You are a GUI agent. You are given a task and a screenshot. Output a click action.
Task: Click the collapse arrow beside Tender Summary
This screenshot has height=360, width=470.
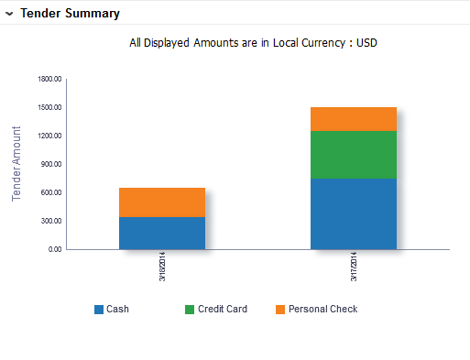(9, 14)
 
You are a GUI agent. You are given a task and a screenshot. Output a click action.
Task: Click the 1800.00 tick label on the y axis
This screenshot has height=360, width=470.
(49, 79)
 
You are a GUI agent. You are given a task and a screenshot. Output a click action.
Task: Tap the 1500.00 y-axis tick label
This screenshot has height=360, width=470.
(49, 107)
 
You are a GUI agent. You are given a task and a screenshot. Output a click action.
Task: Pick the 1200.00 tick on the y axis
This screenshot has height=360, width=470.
(49, 136)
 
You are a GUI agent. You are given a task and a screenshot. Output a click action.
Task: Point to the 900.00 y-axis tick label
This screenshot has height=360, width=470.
(51, 164)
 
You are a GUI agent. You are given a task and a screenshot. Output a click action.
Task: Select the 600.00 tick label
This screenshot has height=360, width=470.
(51, 192)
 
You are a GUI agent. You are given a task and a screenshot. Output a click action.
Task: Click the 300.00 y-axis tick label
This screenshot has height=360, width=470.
(51, 221)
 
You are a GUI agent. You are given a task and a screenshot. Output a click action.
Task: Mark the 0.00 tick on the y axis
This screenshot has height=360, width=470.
(54, 249)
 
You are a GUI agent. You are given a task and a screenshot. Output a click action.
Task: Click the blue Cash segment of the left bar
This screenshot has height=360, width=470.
(161, 233)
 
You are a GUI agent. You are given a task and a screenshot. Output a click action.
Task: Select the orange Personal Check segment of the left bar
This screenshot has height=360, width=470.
(161, 202)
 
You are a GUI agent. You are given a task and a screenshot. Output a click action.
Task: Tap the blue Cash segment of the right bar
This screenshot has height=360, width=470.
(353, 213)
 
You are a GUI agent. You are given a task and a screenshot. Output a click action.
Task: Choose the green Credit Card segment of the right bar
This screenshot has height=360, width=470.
(353, 155)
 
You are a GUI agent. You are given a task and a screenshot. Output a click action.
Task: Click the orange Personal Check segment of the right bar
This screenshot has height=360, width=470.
(353, 119)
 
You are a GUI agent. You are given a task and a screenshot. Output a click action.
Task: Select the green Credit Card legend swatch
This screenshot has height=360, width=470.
(190, 310)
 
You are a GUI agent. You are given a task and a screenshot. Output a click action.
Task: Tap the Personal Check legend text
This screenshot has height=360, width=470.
(322, 310)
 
